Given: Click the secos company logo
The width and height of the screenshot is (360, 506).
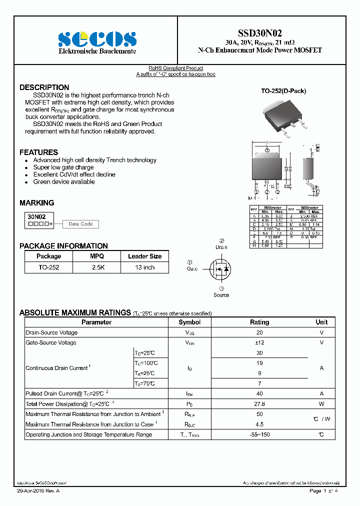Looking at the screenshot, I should click(x=97, y=39).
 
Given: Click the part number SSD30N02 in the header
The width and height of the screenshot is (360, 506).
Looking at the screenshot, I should click(x=260, y=33).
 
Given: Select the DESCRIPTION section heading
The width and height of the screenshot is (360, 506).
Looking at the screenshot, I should click(x=44, y=87).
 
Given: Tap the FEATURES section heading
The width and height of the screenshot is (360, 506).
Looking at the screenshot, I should click(x=38, y=152).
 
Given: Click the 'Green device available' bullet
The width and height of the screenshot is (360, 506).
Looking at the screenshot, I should click(x=64, y=182).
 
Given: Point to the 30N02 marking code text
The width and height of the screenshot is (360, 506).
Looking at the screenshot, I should click(x=36, y=216).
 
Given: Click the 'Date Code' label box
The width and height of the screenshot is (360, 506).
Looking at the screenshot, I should click(x=80, y=224).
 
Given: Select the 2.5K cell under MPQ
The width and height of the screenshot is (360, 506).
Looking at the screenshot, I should click(x=97, y=267).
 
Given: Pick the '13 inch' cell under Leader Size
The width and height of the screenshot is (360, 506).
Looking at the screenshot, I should click(x=144, y=267).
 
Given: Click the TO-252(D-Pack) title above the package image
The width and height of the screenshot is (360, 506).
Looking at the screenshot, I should click(x=283, y=91).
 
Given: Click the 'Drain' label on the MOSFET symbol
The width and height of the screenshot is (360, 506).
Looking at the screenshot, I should click(x=221, y=247).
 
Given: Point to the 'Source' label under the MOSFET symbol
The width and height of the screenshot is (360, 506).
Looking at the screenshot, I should click(x=221, y=295).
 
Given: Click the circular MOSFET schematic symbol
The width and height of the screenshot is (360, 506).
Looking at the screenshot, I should click(x=221, y=269).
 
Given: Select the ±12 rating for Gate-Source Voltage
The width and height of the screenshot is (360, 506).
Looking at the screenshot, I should click(x=259, y=342).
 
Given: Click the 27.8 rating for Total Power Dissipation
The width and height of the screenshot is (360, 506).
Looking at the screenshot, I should click(x=259, y=404).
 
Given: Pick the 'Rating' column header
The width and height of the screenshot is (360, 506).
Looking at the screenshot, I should click(x=259, y=322).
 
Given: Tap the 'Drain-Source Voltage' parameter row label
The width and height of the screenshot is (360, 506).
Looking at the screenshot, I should click(x=51, y=332).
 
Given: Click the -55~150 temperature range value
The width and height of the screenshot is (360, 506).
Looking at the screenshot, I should click(x=259, y=434).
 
